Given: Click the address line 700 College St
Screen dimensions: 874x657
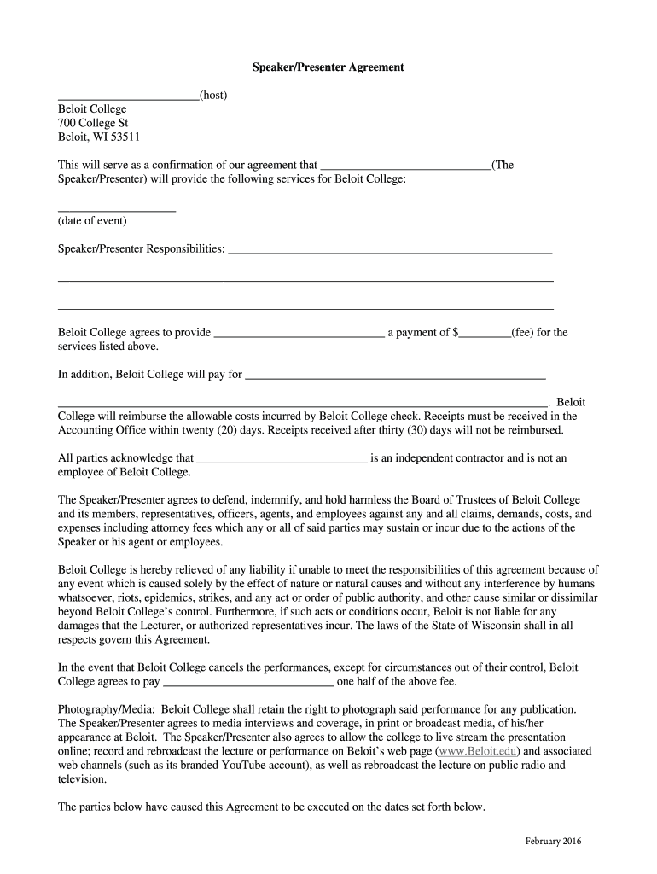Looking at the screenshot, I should point(93,123).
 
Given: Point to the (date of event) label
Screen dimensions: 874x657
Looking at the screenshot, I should point(92,221).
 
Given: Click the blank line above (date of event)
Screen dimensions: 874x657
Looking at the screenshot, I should point(116,208).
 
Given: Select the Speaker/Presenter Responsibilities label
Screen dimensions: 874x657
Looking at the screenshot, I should point(141,249).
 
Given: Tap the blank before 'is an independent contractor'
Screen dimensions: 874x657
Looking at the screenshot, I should point(282,459).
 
